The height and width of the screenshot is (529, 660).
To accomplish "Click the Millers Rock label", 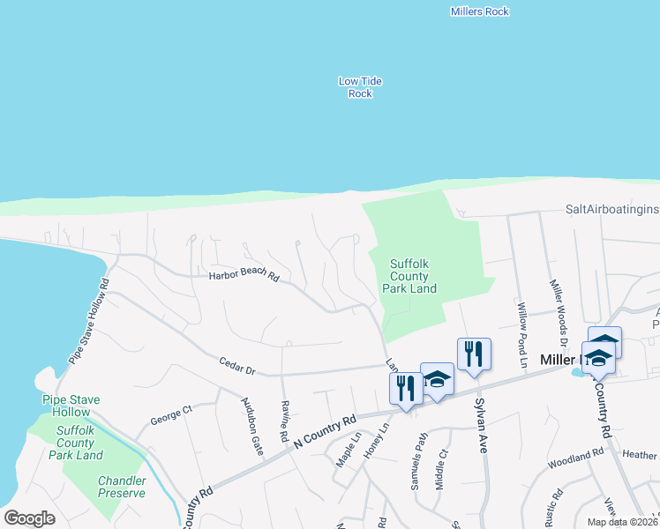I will pos(479,11).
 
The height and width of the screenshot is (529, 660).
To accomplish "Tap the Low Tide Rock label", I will pos(360,87).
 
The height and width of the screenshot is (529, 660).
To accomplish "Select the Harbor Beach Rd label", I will pos(244,276).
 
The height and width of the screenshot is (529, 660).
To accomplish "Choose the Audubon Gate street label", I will pos(252,427).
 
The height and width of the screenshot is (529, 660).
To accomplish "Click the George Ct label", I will pos(171,411).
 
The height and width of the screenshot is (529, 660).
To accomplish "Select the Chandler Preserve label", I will pos(122,487).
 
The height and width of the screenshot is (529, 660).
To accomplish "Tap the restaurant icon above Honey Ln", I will pos(406,389).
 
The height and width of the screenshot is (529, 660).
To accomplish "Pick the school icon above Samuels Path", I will pos(437,380).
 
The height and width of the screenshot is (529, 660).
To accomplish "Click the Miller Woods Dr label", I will pos(557,314).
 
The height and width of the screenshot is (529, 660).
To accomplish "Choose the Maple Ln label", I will pos(348,449).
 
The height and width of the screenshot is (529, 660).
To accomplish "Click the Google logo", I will pos(29,518).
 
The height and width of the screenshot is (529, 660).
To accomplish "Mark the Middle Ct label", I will pos(441,469).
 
